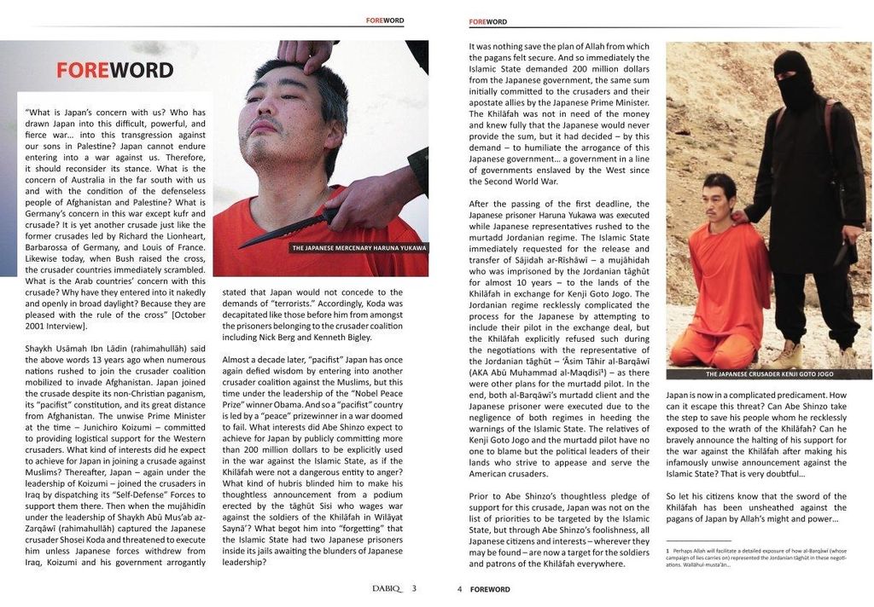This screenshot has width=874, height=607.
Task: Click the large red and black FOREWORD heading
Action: [x=115, y=70]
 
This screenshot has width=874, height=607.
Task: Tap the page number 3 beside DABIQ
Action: [x=414, y=588]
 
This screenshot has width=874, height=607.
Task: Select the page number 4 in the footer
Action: [x=459, y=589]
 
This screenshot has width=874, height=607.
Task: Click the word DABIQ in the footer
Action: [x=387, y=588]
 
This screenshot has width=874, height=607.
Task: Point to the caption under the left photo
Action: [x=358, y=248]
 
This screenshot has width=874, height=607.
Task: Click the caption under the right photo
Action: [x=768, y=374]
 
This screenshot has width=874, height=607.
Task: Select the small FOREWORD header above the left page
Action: [x=385, y=20]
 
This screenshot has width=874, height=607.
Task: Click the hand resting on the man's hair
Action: [x=305, y=53]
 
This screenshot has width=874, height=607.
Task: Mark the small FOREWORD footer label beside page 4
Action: [x=490, y=589]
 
